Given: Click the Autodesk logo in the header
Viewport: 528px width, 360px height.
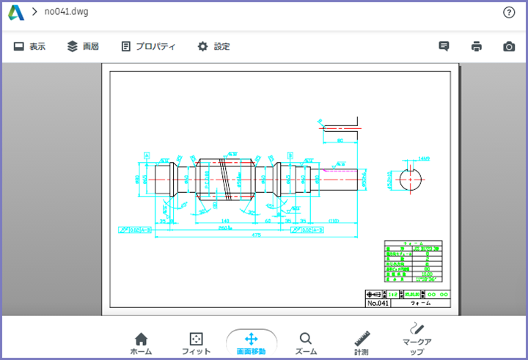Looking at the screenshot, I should point(16,12).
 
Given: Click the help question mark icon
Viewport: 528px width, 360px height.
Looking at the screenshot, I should point(509,12).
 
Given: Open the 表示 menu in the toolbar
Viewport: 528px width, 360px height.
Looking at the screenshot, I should point(29,46).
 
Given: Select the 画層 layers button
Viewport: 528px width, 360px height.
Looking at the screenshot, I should point(82,46).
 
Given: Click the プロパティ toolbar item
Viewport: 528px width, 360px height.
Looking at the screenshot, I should point(148,46).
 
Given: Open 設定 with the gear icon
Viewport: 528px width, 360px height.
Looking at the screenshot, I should point(213,46).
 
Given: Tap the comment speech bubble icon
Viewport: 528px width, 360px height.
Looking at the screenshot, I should point(444,46).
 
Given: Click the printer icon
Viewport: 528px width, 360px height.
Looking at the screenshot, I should point(477,46).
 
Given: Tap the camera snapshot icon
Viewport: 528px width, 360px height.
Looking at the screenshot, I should point(509,46).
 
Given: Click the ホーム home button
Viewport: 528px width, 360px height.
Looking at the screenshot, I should point(141,342).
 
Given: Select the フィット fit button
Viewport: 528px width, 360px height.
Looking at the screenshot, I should point(196,342).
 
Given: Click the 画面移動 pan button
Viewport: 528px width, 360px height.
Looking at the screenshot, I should point(251,342).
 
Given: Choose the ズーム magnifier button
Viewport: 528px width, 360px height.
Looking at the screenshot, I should point(306,342).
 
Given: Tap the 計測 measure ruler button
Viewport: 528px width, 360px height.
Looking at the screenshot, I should point(361,342).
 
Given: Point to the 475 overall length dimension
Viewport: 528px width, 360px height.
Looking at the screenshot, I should point(257,235).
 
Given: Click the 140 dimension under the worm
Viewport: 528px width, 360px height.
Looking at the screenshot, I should point(224,220).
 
